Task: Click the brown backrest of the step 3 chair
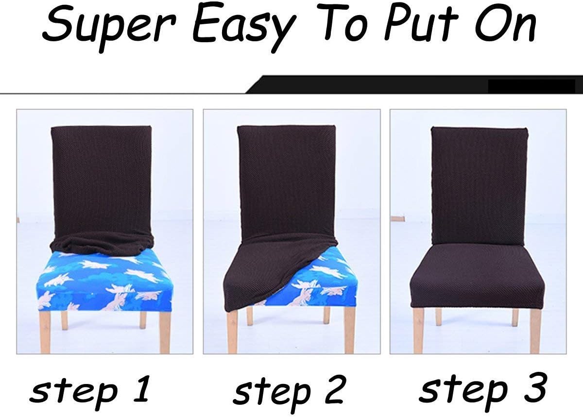(x=479, y=186)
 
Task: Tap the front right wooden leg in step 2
(x=349, y=330)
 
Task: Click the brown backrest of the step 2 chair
(x=286, y=182)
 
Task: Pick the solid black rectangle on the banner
(x=532, y=86)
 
